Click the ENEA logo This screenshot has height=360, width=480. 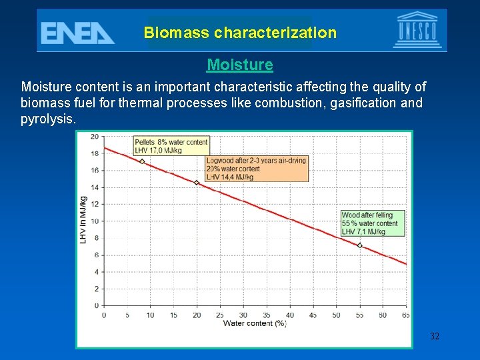coord(77,32)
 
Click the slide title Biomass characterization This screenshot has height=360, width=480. coord(240,33)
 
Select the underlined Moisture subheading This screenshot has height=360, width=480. coord(240,65)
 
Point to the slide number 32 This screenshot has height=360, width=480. coord(435,337)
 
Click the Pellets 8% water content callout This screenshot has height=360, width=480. coord(171,146)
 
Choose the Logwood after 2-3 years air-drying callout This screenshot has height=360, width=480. coord(257,169)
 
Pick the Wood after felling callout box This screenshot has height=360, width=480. coord(371,223)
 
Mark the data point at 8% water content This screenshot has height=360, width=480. coord(142,161)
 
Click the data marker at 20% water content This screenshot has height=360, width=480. coord(197,183)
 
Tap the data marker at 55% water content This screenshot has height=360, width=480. coord(360,245)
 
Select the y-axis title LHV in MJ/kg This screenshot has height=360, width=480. coord(83,219)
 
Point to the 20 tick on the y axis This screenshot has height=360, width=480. coord(94,137)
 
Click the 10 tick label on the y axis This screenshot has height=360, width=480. coord(94,221)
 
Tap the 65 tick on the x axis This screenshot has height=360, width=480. coord(406,315)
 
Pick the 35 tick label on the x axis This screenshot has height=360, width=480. coord(267,315)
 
